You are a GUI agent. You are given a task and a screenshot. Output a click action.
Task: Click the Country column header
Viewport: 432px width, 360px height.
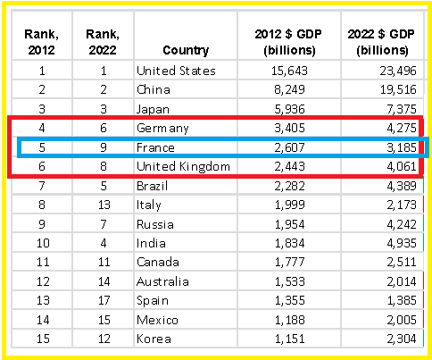(x=186, y=50)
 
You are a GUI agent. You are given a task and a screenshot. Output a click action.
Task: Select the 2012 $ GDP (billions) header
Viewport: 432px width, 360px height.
(x=288, y=42)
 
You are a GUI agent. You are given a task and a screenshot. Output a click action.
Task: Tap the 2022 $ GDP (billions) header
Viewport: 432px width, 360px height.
(x=381, y=42)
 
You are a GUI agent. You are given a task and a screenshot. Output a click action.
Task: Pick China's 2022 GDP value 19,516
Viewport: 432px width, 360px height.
(x=398, y=89)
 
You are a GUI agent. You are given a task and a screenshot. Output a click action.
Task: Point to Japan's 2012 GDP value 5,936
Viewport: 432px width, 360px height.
(x=289, y=109)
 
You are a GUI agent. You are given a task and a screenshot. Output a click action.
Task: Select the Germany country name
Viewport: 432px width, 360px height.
(x=162, y=129)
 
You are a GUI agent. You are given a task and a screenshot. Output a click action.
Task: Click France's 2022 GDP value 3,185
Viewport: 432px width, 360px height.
(x=402, y=147)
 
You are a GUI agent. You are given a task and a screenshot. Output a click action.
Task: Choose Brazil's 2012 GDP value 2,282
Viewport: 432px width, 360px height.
(x=289, y=186)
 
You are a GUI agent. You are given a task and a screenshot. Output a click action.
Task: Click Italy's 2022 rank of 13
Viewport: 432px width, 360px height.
(x=104, y=205)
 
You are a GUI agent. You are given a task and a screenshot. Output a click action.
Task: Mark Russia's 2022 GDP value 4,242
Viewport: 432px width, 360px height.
(x=402, y=224)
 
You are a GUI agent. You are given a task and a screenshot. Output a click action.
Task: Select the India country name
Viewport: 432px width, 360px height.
(x=151, y=243)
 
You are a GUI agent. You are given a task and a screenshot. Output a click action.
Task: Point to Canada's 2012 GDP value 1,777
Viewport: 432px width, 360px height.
(x=289, y=262)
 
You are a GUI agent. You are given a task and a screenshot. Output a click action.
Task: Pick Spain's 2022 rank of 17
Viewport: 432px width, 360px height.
(x=104, y=300)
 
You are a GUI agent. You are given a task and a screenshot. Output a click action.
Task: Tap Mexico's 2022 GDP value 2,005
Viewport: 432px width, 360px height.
(x=402, y=320)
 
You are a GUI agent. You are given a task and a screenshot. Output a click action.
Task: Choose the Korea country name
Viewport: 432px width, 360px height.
(x=154, y=339)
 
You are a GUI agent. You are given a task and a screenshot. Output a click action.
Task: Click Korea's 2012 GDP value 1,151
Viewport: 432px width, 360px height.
(x=289, y=339)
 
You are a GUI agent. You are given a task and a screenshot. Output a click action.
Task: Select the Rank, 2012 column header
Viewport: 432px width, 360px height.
(x=41, y=42)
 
